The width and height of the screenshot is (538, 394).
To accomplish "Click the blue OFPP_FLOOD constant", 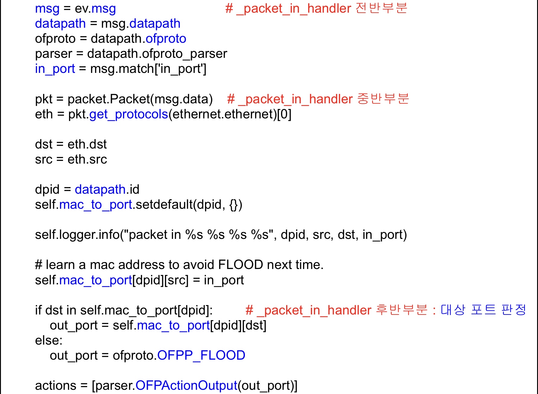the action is [x=201, y=355].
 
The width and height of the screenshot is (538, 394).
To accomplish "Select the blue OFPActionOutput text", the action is [x=186, y=386].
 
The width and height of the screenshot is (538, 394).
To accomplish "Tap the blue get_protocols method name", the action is [x=128, y=114].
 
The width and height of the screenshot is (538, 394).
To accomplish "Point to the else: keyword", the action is [x=49, y=340].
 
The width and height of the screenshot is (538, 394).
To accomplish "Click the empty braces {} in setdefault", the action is [x=234, y=205].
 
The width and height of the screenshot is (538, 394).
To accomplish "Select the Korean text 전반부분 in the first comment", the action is [x=381, y=8].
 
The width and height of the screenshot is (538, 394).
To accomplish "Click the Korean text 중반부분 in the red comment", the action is [x=383, y=99].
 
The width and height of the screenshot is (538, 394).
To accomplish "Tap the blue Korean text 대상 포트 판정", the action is [x=483, y=310].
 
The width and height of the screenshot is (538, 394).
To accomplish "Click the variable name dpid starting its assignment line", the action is [x=47, y=190].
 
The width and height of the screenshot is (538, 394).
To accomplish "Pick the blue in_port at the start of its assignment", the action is [x=55, y=69].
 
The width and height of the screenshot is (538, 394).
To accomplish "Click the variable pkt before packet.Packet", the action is [x=44, y=99].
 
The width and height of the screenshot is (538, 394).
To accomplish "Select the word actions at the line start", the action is [x=55, y=386].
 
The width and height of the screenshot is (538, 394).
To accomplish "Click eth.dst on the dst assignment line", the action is [x=87, y=144].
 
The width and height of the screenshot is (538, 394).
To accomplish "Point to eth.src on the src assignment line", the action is [x=87, y=159].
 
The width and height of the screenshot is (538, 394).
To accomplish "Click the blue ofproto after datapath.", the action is [x=166, y=39].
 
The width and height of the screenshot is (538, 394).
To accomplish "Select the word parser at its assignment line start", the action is [x=53, y=54].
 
